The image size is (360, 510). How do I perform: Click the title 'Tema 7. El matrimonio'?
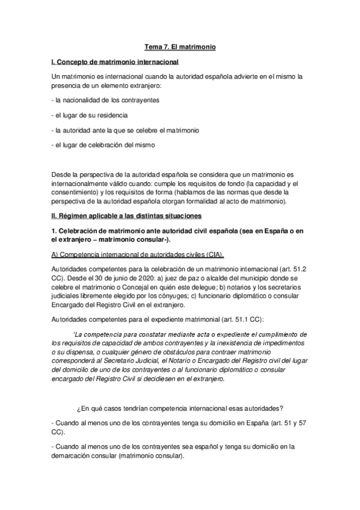180,46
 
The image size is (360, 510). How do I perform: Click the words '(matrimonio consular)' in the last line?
151,456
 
